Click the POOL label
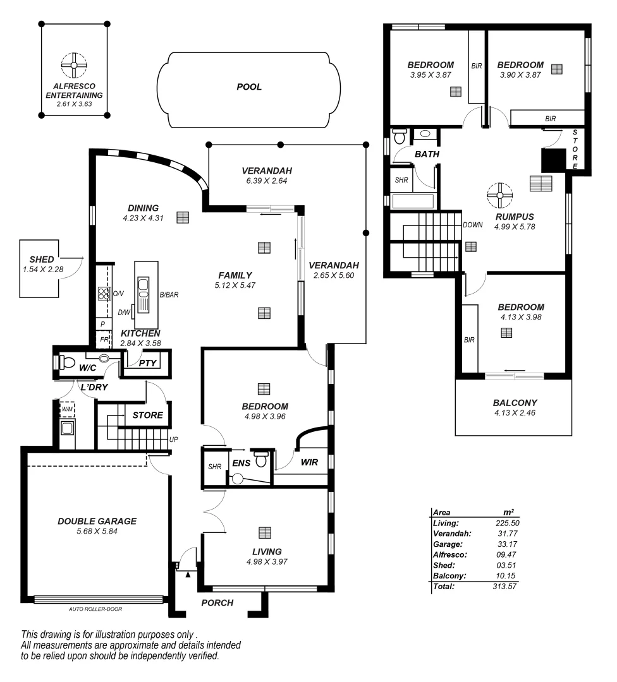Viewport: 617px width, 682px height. tap(249, 87)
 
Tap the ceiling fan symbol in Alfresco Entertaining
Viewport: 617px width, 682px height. tap(74, 64)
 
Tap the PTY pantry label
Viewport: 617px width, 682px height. tap(147, 363)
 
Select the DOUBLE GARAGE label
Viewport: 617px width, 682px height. tap(97, 521)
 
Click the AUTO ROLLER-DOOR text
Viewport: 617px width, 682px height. tap(95, 609)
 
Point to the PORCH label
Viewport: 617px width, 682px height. tap(217, 603)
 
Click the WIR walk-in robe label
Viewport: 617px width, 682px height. tap(309, 463)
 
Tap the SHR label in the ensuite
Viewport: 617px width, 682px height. tap(214, 467)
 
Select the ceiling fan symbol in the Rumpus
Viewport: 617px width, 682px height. tap(499, 196)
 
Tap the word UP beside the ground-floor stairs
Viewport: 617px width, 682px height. tap(173, 439)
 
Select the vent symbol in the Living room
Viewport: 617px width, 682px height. tap(265, 533)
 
